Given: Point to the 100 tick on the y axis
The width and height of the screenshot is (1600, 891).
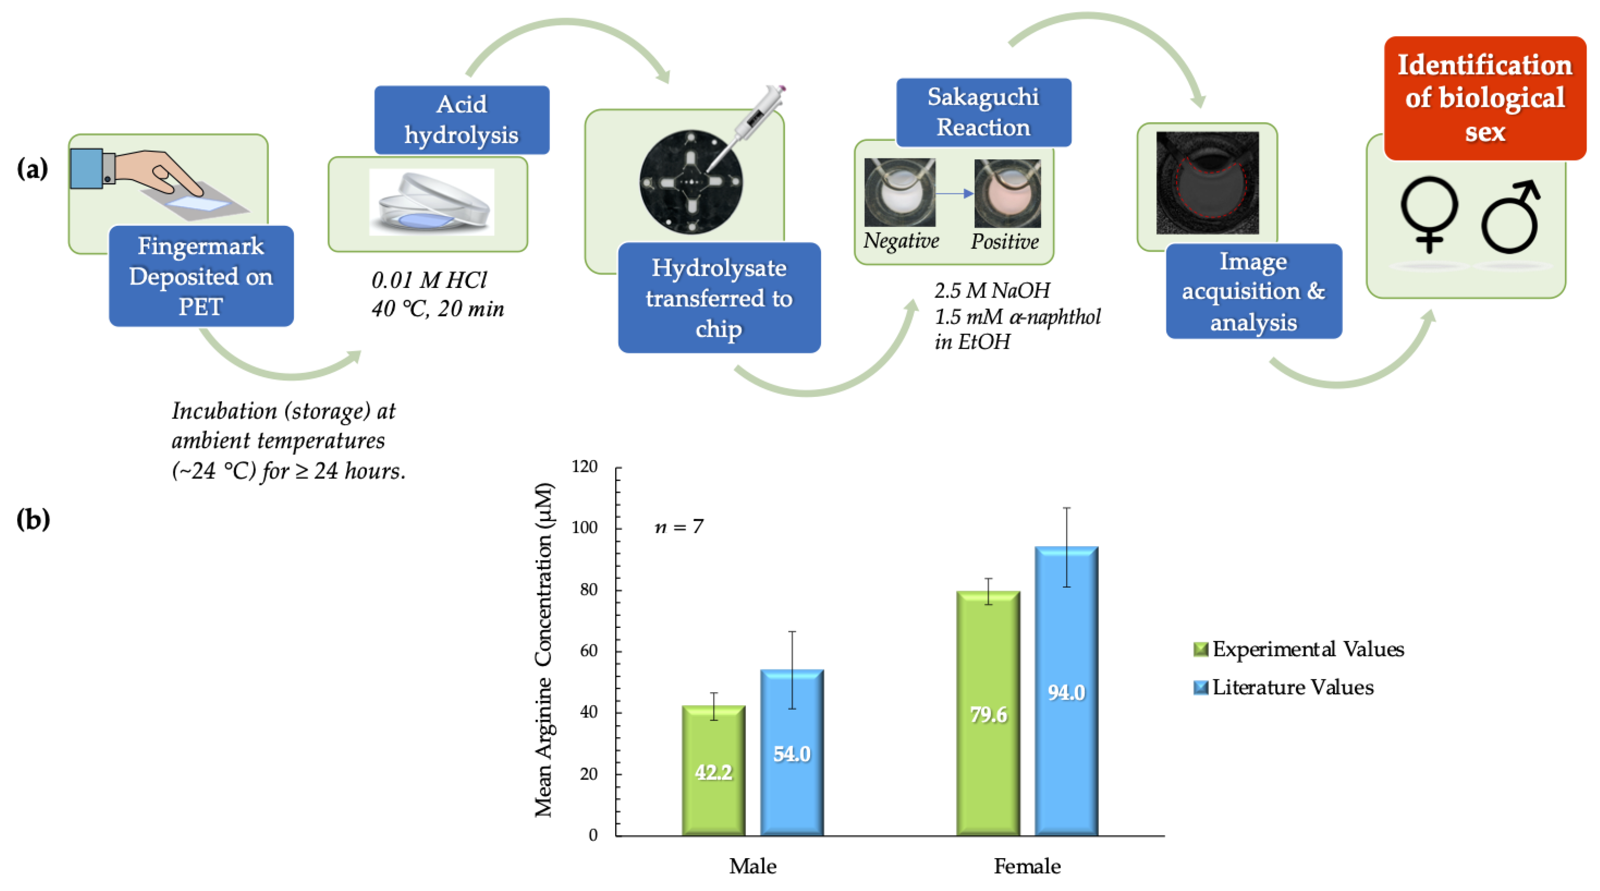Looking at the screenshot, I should coord(584,527).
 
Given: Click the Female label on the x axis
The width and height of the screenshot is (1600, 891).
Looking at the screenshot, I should coord(1027,866).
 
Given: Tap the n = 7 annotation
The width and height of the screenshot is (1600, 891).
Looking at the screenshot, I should coord(679,527).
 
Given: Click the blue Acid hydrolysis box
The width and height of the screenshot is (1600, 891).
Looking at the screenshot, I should coord(461,120).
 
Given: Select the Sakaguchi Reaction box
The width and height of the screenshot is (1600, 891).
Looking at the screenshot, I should coord(983,112).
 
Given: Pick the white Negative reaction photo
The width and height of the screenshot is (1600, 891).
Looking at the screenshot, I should coord(900,193).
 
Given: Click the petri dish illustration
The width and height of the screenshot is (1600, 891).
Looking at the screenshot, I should coord(431,202).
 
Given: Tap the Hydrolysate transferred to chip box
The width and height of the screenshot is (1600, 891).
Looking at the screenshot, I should coord(719,298).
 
